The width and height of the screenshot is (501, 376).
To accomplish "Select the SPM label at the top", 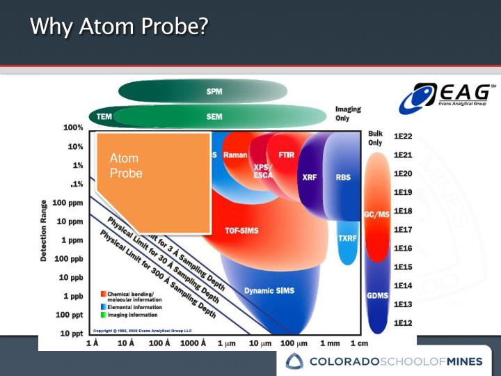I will [x=214, y=91].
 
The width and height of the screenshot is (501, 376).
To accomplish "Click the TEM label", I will [x=105, y=116].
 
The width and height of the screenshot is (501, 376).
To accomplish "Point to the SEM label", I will [x=214, y=116].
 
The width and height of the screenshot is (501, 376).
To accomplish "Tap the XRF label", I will [x=310, y=178].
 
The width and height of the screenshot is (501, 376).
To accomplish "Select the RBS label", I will [x=343, y=178].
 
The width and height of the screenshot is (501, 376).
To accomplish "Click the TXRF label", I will [x=347, y=238].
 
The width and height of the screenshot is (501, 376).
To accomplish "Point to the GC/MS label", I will [x=376, y=214].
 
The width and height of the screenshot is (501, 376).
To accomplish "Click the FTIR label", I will [x=285, y=155].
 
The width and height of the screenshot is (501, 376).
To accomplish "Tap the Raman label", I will [x=234, y=155].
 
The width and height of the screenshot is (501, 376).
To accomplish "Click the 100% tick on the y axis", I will [x=73, y=128].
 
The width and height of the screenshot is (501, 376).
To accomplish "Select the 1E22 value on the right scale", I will [x=404, y=136].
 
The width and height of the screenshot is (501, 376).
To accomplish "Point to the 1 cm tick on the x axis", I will [x=359, y=343].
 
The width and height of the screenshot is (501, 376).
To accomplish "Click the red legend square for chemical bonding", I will [x=103, y=293].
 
